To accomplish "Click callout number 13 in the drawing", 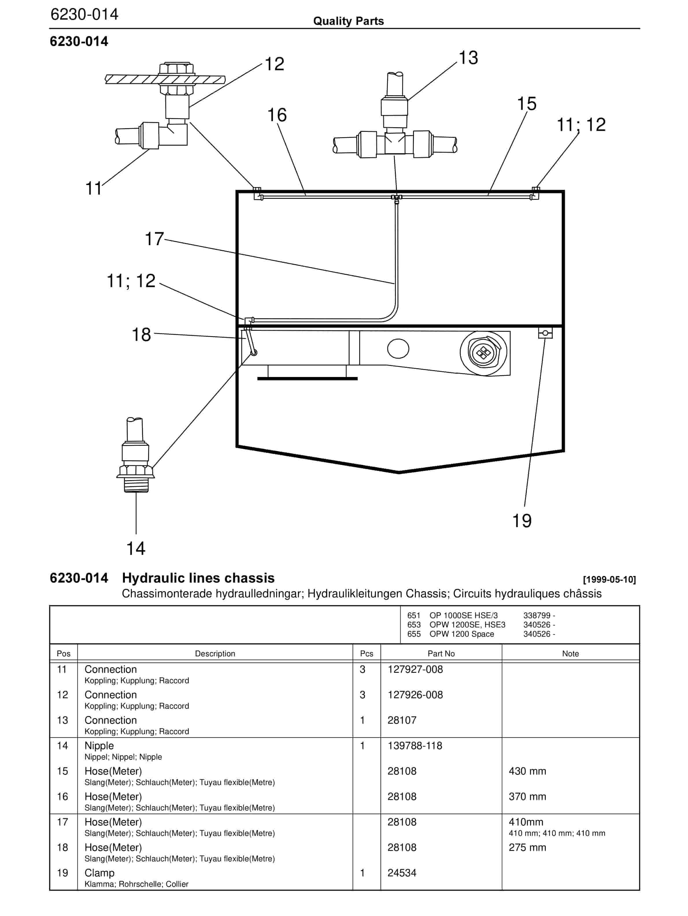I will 468,58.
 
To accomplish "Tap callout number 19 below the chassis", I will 521,520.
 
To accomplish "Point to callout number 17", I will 154,239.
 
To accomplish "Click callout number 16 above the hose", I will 277,115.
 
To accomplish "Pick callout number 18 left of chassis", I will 141,335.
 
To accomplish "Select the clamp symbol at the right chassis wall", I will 545,333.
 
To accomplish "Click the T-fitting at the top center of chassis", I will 397,198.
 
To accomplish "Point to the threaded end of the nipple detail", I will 136,485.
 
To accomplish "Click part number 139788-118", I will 415,746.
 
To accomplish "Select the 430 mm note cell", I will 527,771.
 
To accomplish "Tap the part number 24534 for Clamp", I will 402,873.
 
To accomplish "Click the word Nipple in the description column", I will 99,746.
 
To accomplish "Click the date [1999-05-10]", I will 609,579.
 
